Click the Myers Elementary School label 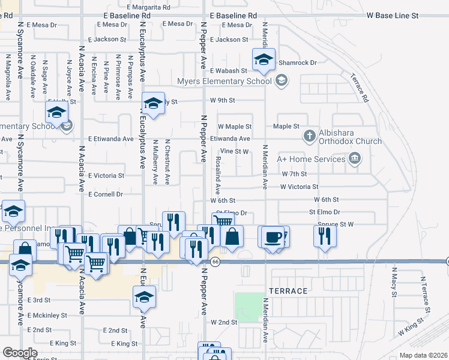tap(224, 81)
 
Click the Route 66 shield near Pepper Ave tap(214, 260)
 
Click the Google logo tap(20, 353)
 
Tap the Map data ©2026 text tap(423, 355)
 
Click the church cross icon tap(310, 136)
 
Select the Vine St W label tap(234, 151)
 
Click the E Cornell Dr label tap(105, 194)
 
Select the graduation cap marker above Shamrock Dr tap(263, 59)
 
